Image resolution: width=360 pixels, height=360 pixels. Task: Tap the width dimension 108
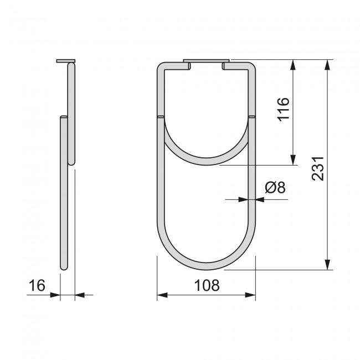(207, 286)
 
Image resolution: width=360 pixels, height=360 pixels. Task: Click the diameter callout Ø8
(275, 188)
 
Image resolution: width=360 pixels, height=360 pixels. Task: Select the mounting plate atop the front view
(206, 60)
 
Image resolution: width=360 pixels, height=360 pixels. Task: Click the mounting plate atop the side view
(65, 61)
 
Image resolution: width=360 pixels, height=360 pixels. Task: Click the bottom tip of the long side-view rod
(64, 268)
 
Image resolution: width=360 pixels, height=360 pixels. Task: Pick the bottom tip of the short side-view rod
(71, 163)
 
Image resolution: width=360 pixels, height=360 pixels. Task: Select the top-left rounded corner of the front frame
(161, 68)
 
